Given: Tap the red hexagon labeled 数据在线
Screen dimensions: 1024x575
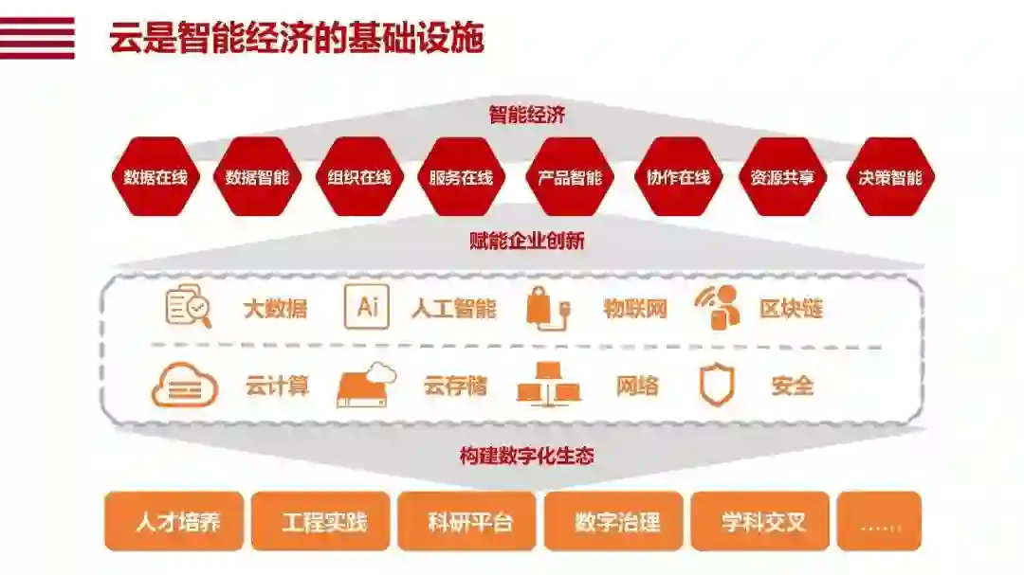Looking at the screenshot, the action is click(155, 177).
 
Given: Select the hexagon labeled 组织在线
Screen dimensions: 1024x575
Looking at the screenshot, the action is click(359, 177).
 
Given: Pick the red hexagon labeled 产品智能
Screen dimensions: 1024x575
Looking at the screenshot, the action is click(570, 177).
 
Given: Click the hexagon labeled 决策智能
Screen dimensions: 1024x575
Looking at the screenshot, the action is click(889, 177).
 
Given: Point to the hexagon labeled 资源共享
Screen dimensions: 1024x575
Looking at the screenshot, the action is click(782, 177).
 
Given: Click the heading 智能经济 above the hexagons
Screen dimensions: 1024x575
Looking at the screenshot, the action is click(527, 116).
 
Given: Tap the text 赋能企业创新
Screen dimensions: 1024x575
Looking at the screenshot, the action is click(527, 241).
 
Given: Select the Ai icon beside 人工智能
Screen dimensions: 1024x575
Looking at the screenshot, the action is click(367, 307).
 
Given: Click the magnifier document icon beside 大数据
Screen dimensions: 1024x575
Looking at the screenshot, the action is click(189, 307).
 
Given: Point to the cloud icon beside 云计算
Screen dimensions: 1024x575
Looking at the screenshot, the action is click(184, 386).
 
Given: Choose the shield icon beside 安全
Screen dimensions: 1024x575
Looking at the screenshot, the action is click(717, 386).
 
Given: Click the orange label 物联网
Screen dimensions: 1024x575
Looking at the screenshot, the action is click(635, 308).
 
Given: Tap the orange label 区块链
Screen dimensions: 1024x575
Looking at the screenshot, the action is click(791, 308).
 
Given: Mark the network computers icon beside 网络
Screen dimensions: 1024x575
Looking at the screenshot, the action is click(548, 385).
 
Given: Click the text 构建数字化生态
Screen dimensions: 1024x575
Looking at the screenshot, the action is click(527, 456).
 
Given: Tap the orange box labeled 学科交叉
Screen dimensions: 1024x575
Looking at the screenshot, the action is click(759, 521).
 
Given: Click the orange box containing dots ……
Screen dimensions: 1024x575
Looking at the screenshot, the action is click(879, 521).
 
